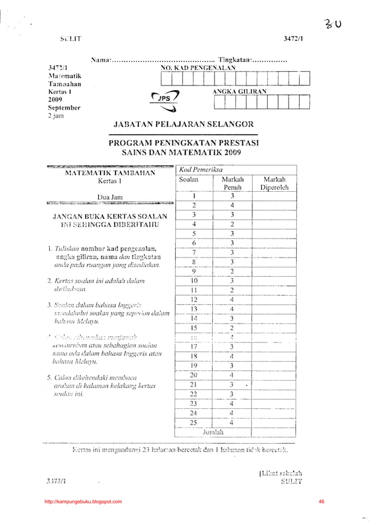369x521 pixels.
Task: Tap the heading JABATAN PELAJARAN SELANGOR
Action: click(183, 125)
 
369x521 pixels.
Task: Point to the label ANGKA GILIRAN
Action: click(239, 91)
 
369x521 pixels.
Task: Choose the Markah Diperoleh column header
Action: click(274, 183)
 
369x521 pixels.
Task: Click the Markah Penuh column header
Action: click(232, 183)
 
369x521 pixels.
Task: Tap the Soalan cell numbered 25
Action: click(193, 422)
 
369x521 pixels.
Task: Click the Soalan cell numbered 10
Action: click(194, 281)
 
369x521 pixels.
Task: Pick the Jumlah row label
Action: click(212, 431)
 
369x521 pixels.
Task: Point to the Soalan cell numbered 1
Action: click(194, 196)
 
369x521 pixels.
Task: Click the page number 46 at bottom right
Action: click(322, 501)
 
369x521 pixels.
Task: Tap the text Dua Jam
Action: click(109, 196)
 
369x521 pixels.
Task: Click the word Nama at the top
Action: click(101, 59)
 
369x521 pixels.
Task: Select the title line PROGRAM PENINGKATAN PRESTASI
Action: click(183, 143)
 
